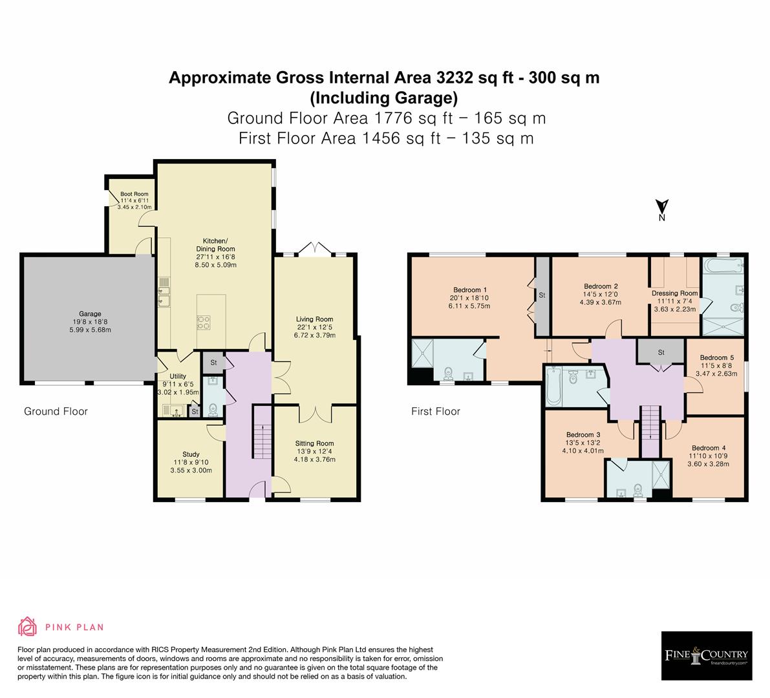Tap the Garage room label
click(91, 314)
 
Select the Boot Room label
click(134, 194)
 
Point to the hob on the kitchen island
click(203, 322)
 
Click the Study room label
click(191, 454)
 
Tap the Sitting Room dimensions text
click(314, 460)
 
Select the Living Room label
click(314, 319)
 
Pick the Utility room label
click(178, 376)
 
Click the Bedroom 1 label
click(470, 290)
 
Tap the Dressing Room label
click(674, 293)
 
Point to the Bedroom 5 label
click(717, 357)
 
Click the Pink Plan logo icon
click(28, 626)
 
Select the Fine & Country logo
click(707, 656)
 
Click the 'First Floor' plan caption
click(436, 411)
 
